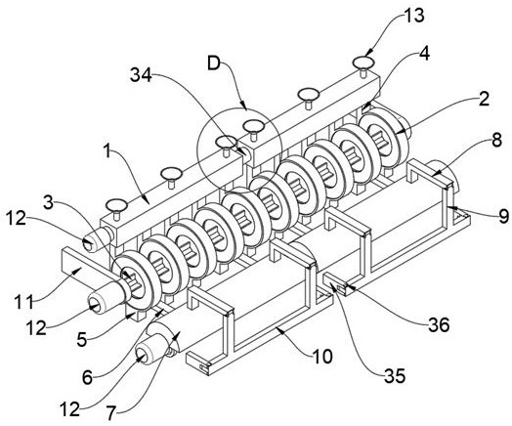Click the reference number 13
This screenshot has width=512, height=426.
(x=413, y=16)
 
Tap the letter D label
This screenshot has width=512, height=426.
(x=215, y=64)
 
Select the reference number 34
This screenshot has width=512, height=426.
(x=141, y=75)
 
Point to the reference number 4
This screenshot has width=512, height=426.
(x=424, y=54)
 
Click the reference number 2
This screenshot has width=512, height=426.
(x=484, y=99)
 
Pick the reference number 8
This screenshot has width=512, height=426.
(x=496, y=141)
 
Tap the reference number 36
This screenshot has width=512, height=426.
(x=439, y=324)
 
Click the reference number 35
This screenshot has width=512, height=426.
(x=395, y=376)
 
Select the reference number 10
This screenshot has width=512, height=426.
(x=321, y=357)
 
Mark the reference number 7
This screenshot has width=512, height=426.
(x=110, y=414)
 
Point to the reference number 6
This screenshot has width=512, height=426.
(x=88, y=378)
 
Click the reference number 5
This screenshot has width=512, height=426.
(x=82, y=340)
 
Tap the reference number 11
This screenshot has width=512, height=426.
(x=24, y=302)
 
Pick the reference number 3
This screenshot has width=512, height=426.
(x=48, y=202)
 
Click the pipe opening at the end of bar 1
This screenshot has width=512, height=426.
(x=88, y=244)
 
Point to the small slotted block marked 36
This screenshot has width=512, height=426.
(x=341, y=287)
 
